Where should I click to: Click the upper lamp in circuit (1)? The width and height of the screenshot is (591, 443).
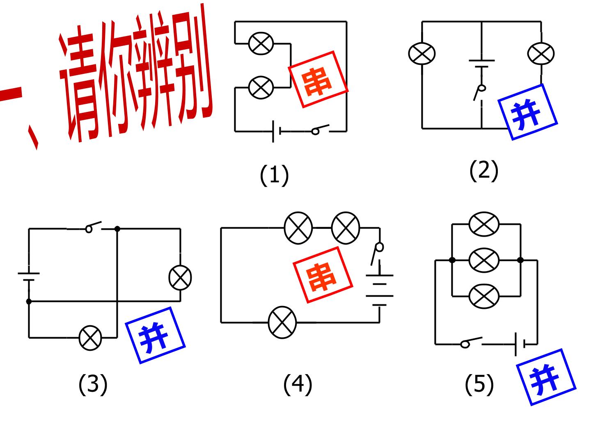pos(261,43)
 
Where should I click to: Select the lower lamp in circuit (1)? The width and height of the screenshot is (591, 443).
pos(261,87)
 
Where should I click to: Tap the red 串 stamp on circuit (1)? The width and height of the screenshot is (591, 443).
pos(318,79)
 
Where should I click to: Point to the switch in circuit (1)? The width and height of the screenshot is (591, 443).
pos(320,129)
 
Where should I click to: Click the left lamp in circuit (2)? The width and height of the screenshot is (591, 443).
pos(421,53)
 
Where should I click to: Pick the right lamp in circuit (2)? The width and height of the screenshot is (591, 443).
pos(541,53)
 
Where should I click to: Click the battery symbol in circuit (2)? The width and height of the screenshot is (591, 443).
pos(481,64)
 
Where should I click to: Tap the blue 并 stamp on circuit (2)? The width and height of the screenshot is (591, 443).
pos(527,112)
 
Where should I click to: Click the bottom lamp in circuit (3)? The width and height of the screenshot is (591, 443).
pos(90,338)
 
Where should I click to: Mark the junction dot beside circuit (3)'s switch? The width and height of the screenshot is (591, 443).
pos(117,229)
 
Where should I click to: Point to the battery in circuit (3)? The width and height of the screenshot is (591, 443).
pos(29,276)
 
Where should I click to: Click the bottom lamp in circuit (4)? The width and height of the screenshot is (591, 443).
pos(282,322)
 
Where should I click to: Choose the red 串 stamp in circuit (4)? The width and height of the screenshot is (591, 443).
pos(323,275)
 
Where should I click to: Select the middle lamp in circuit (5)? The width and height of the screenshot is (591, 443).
pos(484,260)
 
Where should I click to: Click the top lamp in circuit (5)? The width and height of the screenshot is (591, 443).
pos(484,224)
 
